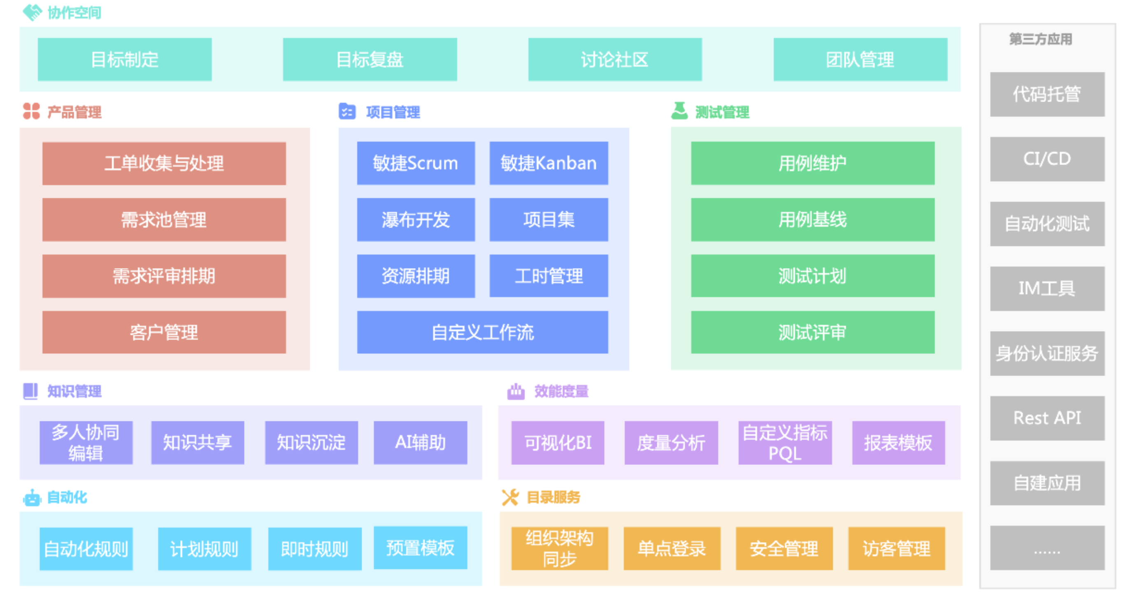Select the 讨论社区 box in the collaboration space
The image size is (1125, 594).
pos(615,59)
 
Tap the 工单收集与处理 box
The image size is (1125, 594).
pos(164,163)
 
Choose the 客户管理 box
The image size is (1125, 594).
pos(164,332)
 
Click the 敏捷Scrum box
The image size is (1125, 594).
pos(416,163)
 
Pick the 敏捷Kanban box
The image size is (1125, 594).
pos(549,163)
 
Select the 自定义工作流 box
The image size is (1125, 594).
pos(483,332)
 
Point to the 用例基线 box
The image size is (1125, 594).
pos(813,220)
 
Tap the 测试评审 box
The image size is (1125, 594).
pos(813,332)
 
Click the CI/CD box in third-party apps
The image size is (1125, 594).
pos(1047,159)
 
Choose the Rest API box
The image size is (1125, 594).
pos(1047,418)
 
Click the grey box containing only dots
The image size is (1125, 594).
pos(1047,548)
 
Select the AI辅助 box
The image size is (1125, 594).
pos(420,443)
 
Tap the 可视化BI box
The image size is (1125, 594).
pos(558,443)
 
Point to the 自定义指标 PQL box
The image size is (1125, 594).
pos(785,443)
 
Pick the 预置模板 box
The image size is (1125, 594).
pos(420,548)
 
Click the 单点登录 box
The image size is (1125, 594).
pos(672,549)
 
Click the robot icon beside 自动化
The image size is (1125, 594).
pos(32,498)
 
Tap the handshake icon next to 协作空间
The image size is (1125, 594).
pos(33,12)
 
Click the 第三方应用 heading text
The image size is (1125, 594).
pos(1040,39)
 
